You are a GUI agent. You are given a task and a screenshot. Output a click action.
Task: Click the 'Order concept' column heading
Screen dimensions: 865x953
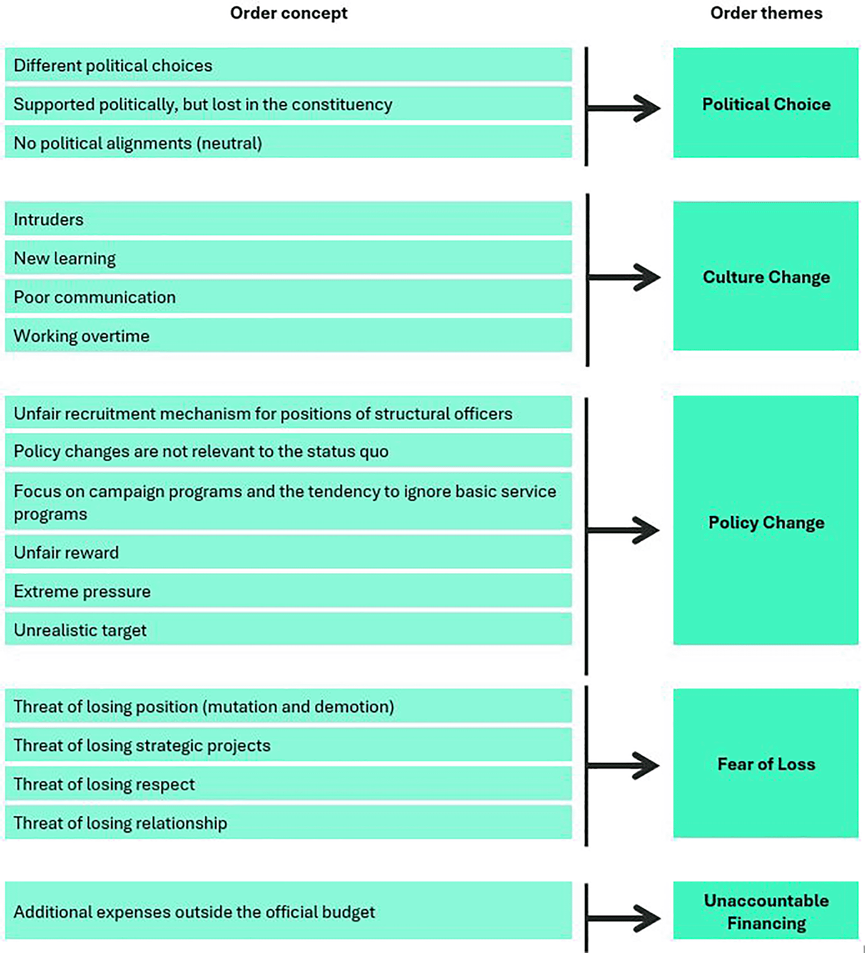click(288, 13)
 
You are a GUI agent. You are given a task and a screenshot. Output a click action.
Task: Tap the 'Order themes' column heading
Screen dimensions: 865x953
click(766, 13)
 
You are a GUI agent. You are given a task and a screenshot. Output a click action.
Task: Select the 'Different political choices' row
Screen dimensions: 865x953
click(288, 65)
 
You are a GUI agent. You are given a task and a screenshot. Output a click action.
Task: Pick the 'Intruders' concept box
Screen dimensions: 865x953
click(288, 219)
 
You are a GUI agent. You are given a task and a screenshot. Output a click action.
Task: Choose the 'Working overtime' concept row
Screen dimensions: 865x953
click(288, 335)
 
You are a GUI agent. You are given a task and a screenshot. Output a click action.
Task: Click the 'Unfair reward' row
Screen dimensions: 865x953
click(288, 552)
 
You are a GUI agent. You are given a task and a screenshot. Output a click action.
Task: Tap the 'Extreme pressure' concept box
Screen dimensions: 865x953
click(288, 591)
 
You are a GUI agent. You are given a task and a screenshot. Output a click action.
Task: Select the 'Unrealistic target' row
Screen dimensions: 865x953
click(288, 629)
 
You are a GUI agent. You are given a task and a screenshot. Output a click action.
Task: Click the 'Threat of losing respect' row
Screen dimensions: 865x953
click(288, 784)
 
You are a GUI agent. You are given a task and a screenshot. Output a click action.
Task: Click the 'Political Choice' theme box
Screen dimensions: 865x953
click(766, 103)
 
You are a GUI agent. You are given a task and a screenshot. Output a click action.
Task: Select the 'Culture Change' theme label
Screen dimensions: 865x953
click(766, 277)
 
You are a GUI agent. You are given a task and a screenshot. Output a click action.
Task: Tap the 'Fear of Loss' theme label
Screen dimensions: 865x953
click(766, 764)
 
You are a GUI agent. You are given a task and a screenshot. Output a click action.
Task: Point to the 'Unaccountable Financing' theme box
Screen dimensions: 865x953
click(766, 911)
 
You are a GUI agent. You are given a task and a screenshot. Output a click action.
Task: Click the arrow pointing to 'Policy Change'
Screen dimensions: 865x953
click(623, 530)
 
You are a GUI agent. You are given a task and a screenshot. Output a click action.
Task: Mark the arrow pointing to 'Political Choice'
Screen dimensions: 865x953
click(623, 108)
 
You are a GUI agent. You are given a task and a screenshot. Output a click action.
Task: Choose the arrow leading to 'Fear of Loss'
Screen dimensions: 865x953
click(623, 766)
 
